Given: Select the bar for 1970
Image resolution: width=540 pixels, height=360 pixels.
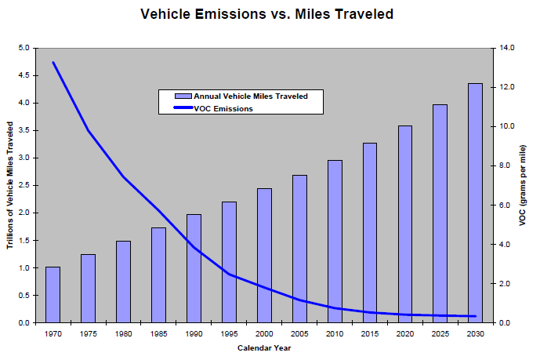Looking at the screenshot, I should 53,295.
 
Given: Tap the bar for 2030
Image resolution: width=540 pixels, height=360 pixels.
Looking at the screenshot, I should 475,203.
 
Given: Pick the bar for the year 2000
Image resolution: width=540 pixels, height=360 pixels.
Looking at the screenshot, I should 264,256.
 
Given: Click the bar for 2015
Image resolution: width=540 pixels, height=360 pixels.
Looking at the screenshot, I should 370,233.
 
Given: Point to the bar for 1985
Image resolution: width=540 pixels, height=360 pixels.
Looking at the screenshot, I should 158,275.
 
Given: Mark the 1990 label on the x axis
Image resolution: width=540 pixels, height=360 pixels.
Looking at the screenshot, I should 194,335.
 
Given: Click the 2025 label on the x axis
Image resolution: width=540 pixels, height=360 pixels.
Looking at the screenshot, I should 440,335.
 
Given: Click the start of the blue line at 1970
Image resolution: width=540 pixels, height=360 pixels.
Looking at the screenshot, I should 53,63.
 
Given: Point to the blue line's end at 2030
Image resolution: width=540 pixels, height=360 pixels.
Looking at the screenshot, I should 475,316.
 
